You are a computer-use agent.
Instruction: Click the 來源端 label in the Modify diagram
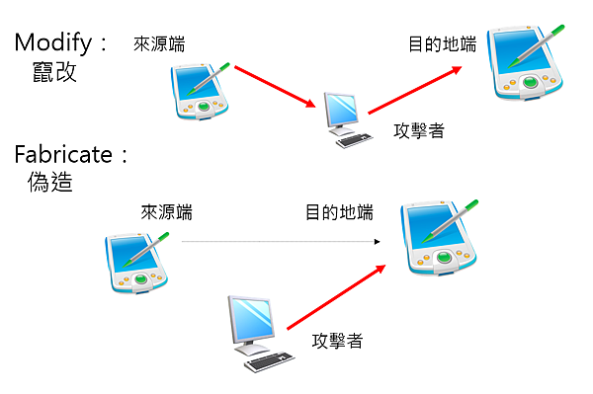pyautogui.click(x=159, y=43)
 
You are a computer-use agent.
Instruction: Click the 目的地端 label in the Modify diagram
pyautogui.click(x=442, y=43)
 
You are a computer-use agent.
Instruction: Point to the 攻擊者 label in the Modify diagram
pyautogui.click(x=418, y=130)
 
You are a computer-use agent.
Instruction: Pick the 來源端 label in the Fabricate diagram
pyautogui.click(x=166, y=211)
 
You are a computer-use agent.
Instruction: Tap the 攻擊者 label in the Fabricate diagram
pyautogui.click(x=337, y=341)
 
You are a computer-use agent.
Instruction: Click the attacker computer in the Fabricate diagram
pyautogui.click(x=255, y=331)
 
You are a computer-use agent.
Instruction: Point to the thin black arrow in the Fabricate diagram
pyautogui.click(x=281, y=241)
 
